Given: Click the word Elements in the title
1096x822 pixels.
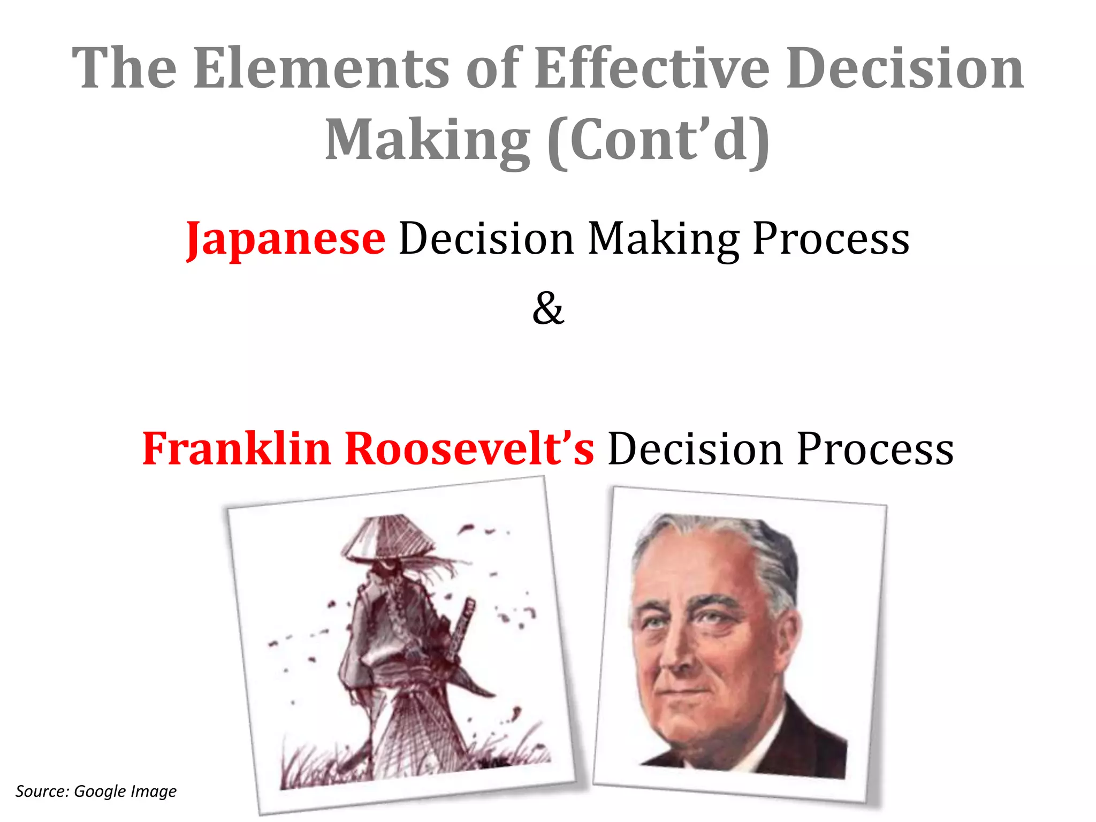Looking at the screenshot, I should [x=321, y=68].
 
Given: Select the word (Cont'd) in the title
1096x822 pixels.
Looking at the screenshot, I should [x=658, y=140].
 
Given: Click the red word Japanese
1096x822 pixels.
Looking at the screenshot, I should [x=285, y=239].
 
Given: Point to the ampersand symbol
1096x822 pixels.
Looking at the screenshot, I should [x=548, y=309].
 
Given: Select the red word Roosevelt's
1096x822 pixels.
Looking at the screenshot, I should [x=469, y=448].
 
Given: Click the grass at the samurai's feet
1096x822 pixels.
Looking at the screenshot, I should [x=321, y=760].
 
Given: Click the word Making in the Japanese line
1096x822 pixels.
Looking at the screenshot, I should [x=664, y=239].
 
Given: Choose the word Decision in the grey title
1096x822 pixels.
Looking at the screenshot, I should [x=904, y=68].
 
